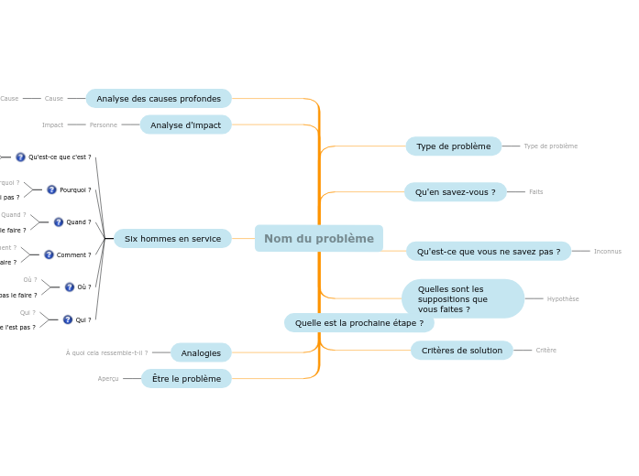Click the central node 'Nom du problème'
[x=319, y=239]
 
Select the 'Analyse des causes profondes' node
[x=159, y=99]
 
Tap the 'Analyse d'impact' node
[x=186, y=124]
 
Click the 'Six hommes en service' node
[x=172, y=239]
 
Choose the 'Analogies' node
[x=201, y=352]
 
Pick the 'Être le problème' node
[x=186, y=379]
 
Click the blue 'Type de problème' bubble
[x=453, y=146]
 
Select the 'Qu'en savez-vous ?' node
[x=455, y=192]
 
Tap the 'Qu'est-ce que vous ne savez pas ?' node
[x=488, y=252]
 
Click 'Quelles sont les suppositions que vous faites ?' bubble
[x=462, y=299]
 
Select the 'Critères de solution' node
[x=461, y=351]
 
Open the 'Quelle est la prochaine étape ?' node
[x=358, y=323]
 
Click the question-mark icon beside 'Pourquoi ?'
[x=51, y=189]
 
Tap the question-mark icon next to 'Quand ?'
[x=59, y=222]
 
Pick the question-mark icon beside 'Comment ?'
[x=49, y=254]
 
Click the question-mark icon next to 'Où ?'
[x=70, y=287]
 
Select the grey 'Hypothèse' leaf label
[x=563, y=299]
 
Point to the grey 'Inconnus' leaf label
[x=607, y=252]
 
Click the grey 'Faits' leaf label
[x=535, y=192]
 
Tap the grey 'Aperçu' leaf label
[x=108, y=379]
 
